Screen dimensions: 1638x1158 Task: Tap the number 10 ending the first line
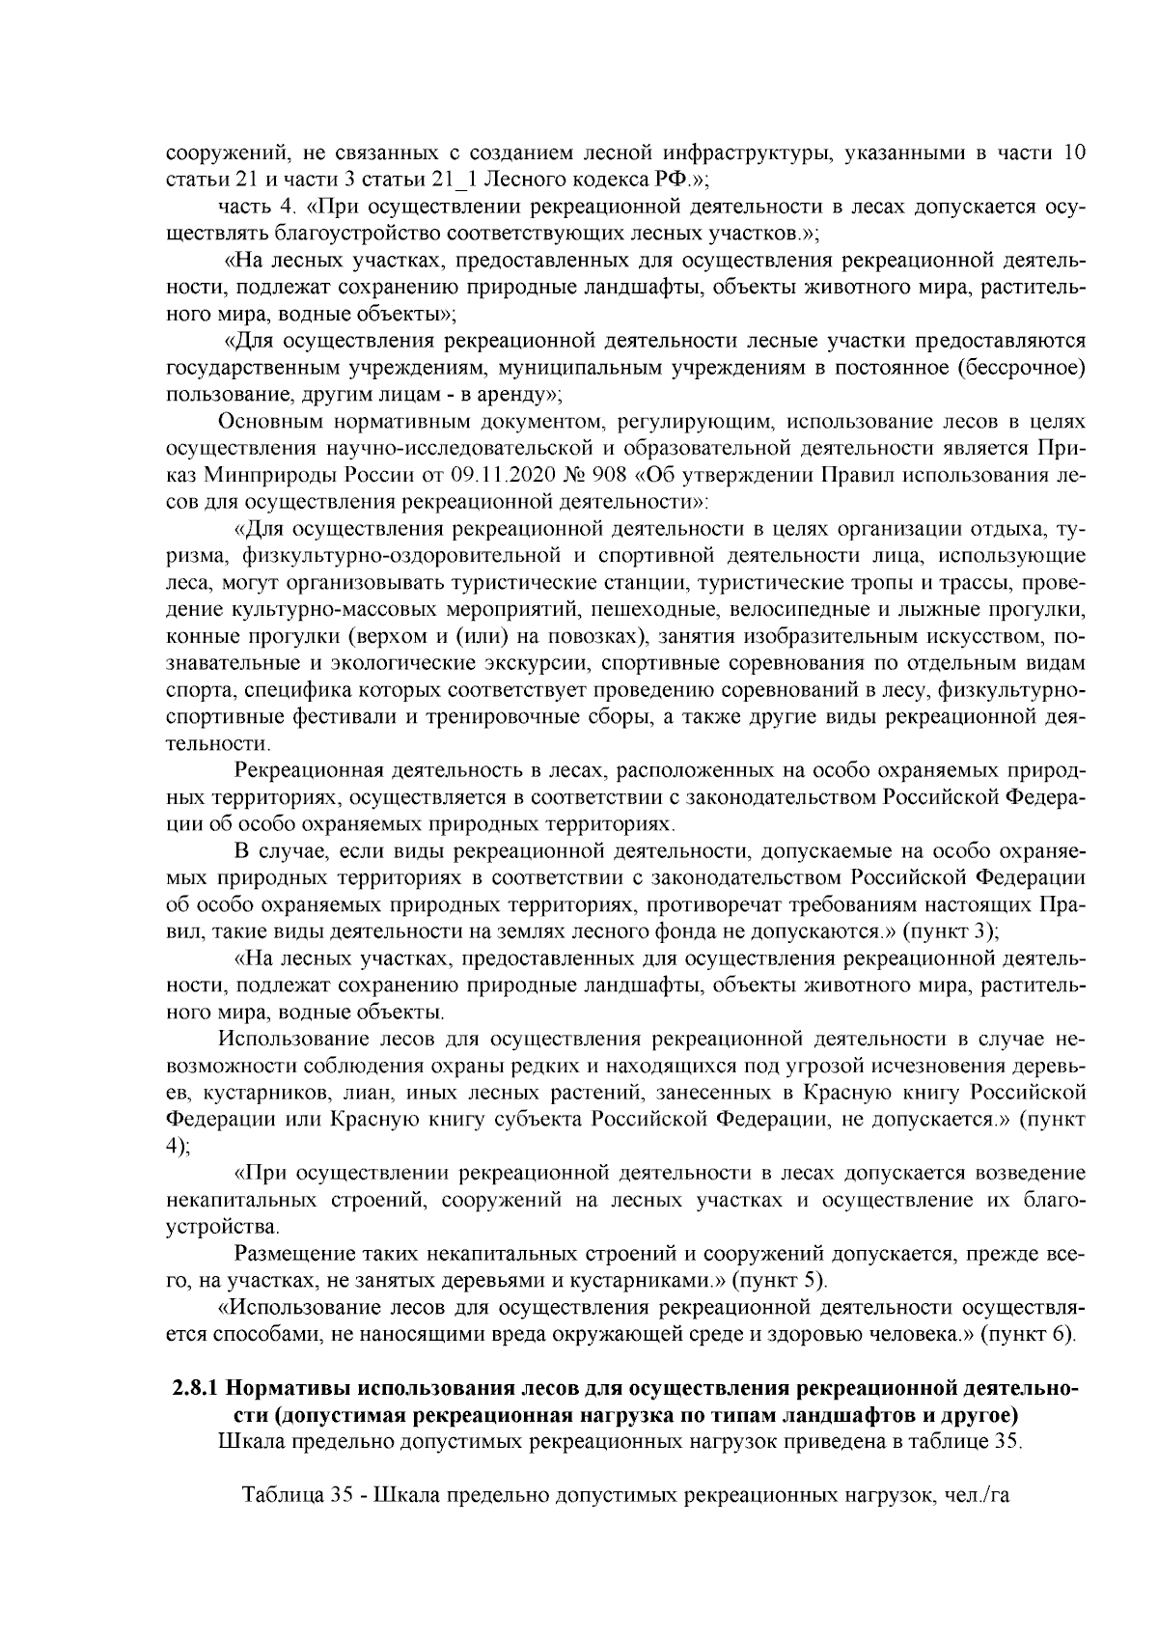[1075, 153]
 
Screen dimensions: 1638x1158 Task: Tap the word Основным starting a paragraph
[270, 422]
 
